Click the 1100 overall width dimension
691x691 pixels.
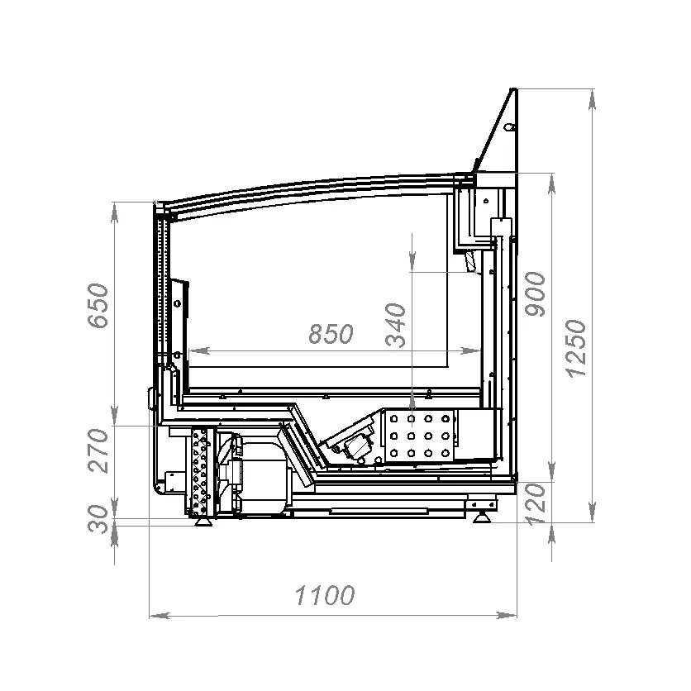point(324,595)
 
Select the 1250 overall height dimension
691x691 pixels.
point(577,348)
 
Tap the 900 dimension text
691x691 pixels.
point(536,294)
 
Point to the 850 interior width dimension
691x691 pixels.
point(331,334)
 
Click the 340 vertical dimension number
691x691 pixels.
point(395,326)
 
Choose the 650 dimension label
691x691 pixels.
point(98,306)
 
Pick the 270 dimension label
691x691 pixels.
point(98,450)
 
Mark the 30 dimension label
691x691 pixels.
point(98,519)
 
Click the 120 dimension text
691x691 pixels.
point(536,504)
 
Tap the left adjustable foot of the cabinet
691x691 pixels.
point(203,522)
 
